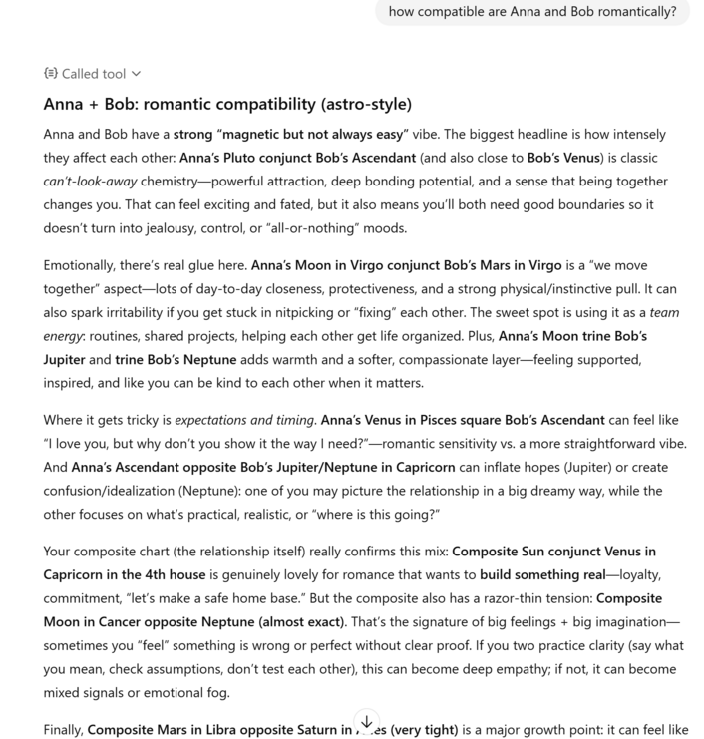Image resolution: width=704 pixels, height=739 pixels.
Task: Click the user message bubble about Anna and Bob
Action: (532, 12)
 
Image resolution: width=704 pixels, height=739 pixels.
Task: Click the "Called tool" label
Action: (93, 73)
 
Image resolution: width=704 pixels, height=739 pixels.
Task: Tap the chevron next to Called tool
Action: (137, 73)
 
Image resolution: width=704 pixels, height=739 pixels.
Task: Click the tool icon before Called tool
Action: (51, 73)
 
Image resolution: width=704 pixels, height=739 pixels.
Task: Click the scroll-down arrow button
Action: (367, 721)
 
